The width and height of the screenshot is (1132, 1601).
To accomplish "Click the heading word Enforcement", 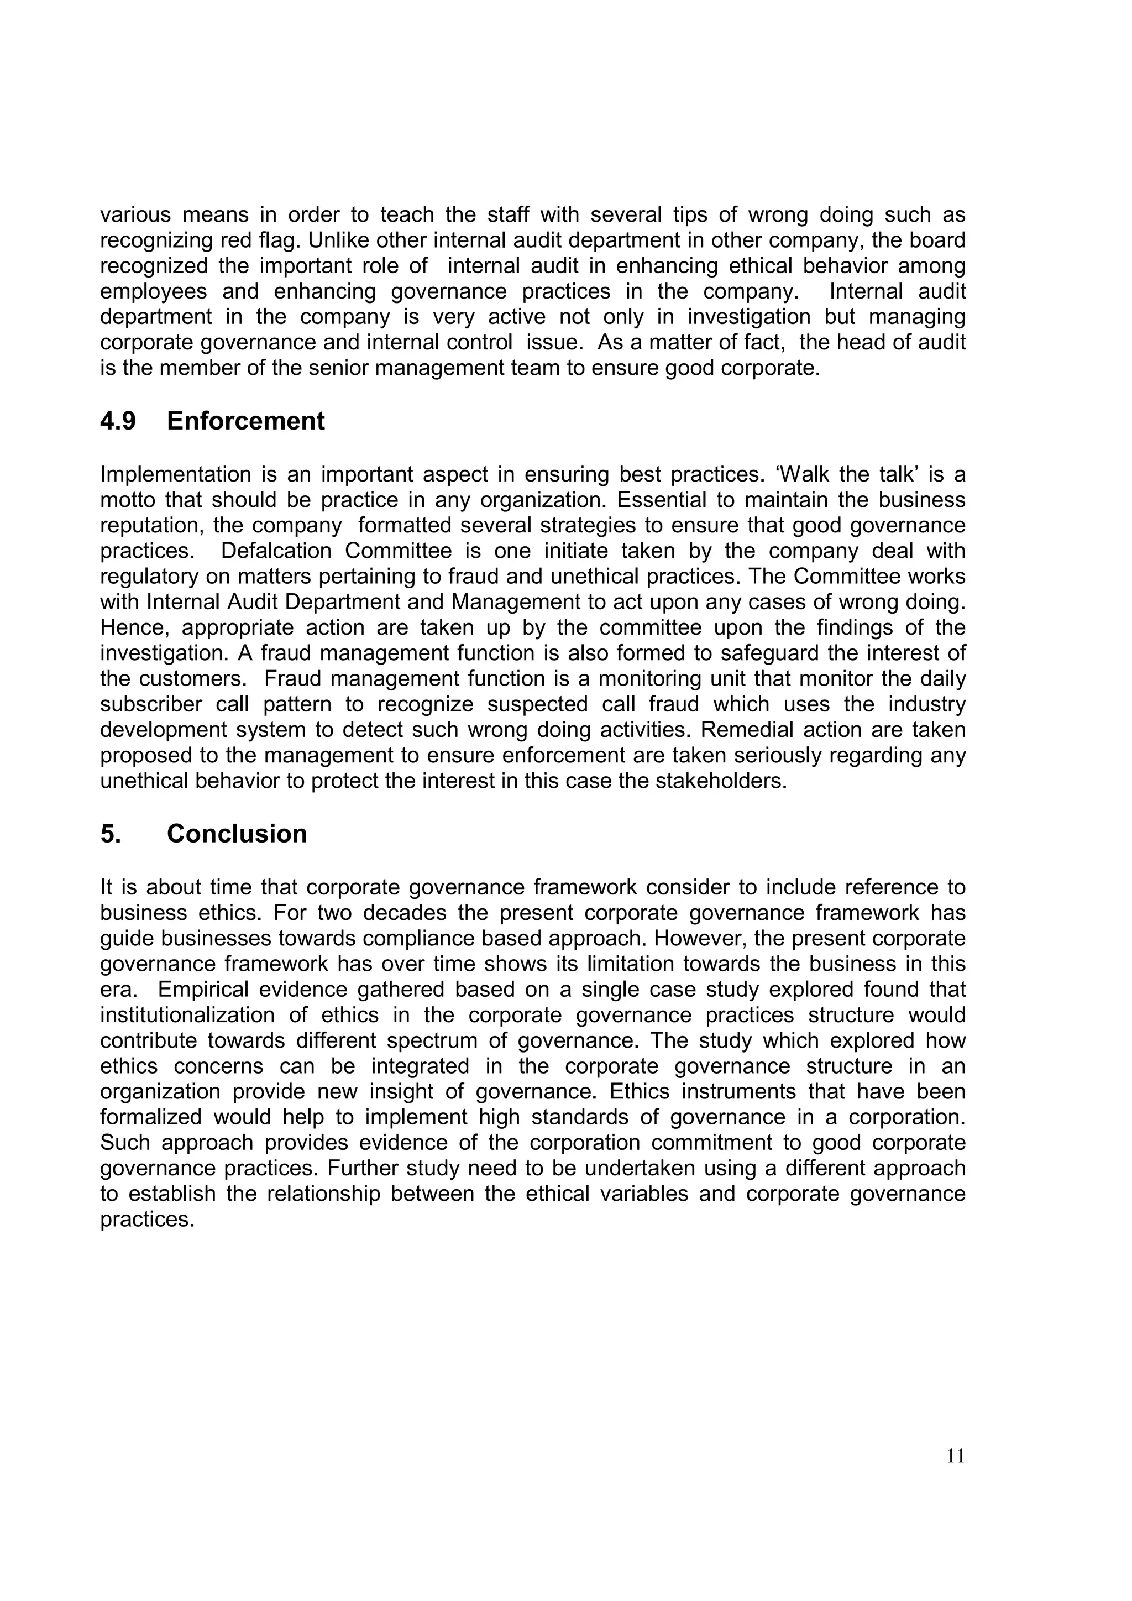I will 245,421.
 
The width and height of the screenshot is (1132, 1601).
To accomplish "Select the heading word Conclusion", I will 237,834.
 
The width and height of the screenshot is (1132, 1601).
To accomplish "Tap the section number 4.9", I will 118,421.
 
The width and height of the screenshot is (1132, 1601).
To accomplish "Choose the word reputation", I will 149,525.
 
